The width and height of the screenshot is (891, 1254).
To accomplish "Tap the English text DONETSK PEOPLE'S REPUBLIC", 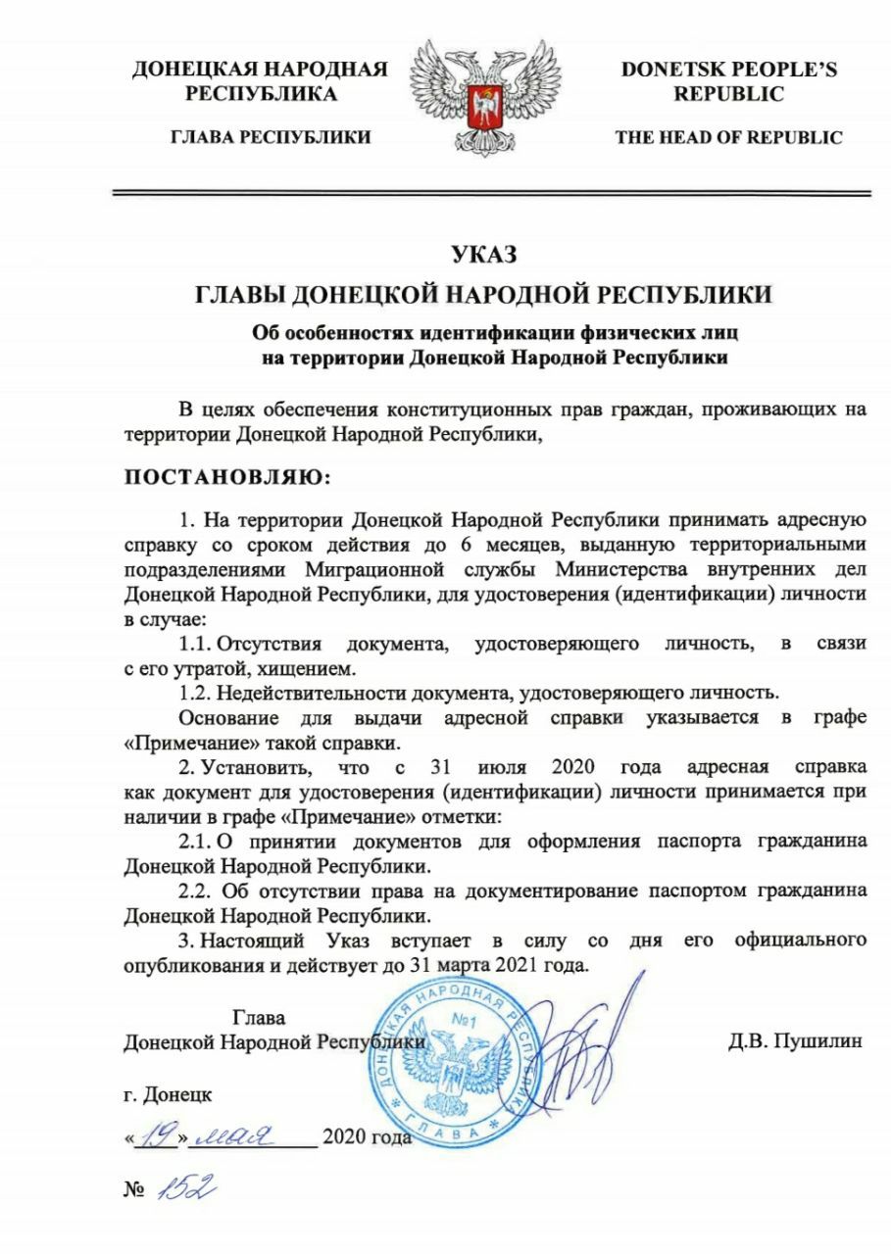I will point(728,81).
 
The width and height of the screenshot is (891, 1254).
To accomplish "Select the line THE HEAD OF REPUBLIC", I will point(728,138).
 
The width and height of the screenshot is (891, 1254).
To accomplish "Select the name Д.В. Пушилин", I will point(795,1041).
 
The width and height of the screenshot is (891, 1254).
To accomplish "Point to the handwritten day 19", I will point(156,1136).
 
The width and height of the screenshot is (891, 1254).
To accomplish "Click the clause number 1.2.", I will point(195,693).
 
